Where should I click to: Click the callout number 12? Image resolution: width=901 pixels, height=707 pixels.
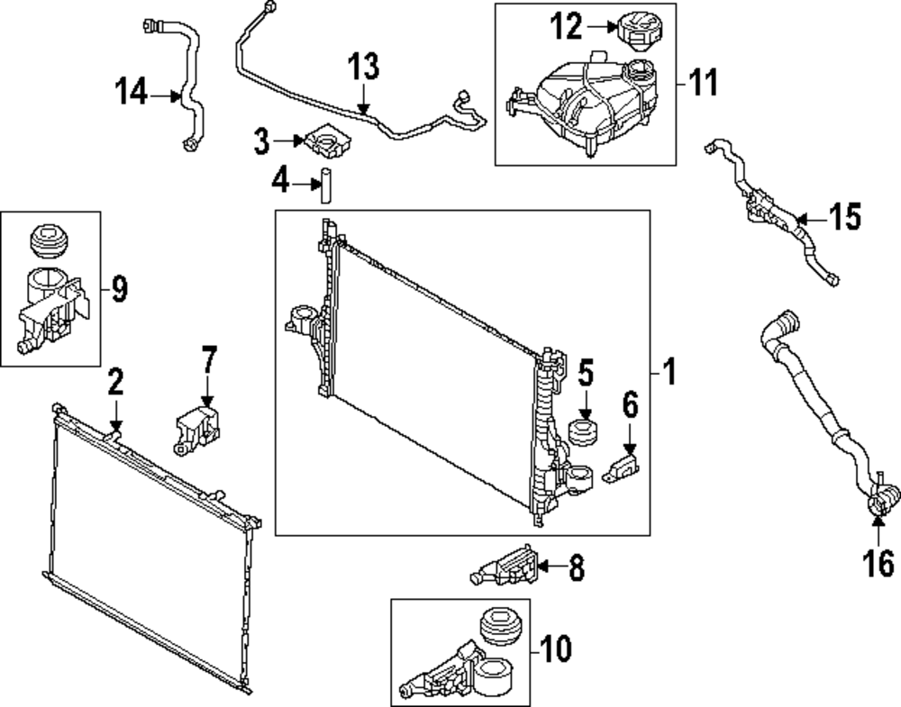point(568,28)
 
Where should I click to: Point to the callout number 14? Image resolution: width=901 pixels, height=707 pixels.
point(132,93)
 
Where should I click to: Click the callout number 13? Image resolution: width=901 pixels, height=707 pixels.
point(364,68)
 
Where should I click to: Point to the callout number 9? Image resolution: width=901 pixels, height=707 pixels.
point(119,289)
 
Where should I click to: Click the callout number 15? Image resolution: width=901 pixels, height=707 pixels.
point(845,217)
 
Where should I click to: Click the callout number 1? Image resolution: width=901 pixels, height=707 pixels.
point(669,370)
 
